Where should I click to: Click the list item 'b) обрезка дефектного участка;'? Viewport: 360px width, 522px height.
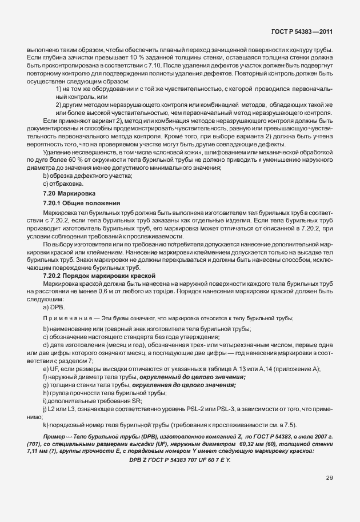tap(87, 176)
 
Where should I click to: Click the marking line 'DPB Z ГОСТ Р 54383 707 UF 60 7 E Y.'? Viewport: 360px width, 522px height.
tap(179, 460)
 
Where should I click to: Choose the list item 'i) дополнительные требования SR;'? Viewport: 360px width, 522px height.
tap(94, 401)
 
